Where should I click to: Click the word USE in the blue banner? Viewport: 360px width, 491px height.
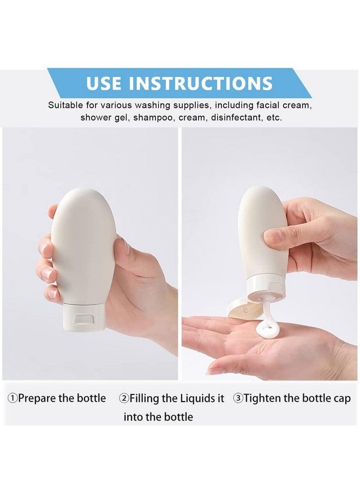[x=104, y=83]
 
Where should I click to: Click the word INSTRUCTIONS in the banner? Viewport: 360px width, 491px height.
[x=201, y=83]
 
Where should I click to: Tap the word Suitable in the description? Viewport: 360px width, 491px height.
[x=65, y=105]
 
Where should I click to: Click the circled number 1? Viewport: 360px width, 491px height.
[x=13, y=398]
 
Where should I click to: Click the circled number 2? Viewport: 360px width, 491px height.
[x=124, y=398]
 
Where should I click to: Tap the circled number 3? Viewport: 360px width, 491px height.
[x=238, y=398]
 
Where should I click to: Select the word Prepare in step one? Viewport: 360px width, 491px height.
[x=37, y=399]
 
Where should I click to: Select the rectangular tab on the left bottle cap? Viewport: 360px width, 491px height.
[x=83, y=319]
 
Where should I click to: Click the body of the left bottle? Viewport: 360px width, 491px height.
[x=83, y=247]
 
